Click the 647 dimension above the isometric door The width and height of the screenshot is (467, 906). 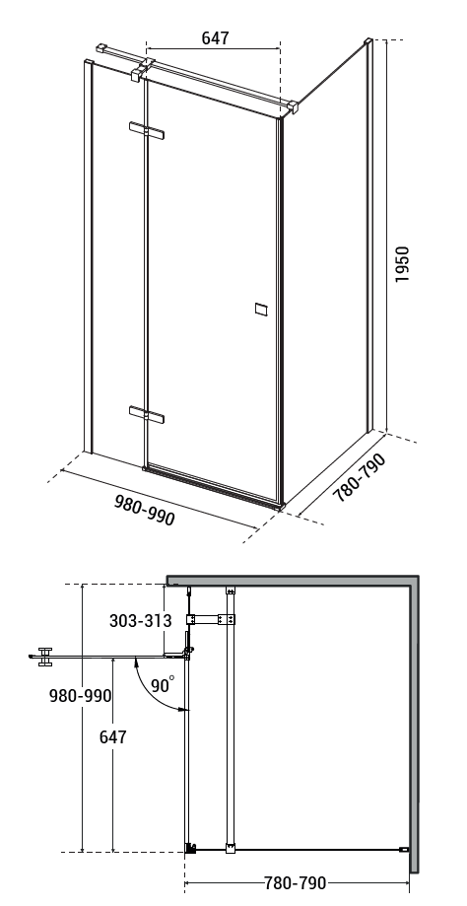[216, 37]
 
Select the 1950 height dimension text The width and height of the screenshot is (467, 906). [402, 264]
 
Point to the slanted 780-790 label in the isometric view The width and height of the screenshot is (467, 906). [359, 477]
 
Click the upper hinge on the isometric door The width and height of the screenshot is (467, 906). [147, 130]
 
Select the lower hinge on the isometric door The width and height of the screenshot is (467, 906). [147, 414]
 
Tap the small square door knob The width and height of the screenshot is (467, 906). [261, 310]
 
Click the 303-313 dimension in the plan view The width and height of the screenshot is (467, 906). [140, 620]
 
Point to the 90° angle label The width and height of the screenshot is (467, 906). [163, 685]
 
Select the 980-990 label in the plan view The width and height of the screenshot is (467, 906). [80, 696]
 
